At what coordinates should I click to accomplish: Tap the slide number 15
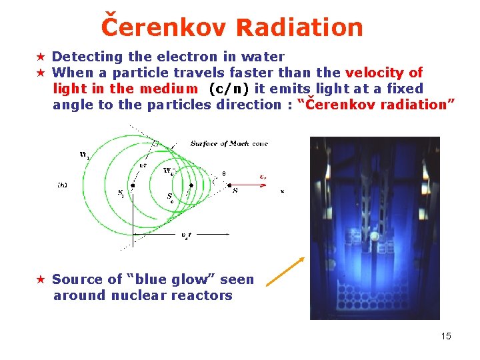click(446, 336)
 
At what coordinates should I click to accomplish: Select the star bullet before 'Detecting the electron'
click(41, 57)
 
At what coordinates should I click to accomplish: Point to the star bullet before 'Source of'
click(41, 279)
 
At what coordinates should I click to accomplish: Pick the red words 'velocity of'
click(383, 73)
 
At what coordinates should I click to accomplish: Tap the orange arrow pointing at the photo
click(285, 272)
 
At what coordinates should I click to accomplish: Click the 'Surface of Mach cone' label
click(229, 143)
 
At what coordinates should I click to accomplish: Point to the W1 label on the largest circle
click(84, 155)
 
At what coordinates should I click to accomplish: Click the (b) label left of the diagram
click(62, 185)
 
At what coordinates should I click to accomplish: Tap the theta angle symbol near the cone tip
click(223, 174)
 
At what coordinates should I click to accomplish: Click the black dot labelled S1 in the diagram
click(134, 185)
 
